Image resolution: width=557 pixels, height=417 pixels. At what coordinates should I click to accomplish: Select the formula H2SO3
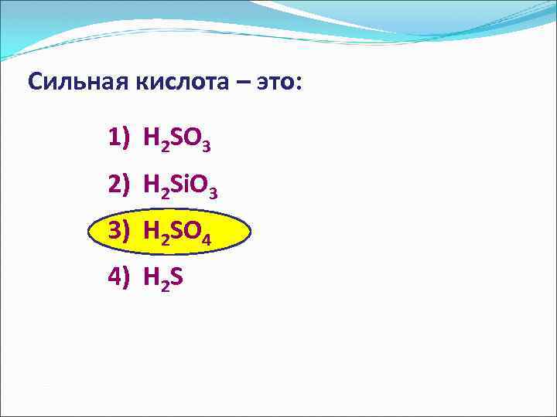(177, 140)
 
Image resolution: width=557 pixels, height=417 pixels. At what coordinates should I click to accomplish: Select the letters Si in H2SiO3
(181, 184)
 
